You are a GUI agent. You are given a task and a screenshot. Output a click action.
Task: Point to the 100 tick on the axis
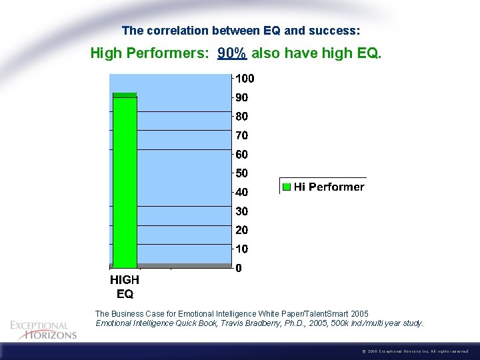click(245, 78)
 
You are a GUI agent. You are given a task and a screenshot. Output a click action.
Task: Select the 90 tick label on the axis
click(242, 97)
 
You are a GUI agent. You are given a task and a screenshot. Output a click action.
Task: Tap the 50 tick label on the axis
click(242, 173)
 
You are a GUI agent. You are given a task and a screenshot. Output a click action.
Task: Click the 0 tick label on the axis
click(239, 269)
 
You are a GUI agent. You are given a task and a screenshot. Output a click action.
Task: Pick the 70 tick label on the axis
click(242, 135)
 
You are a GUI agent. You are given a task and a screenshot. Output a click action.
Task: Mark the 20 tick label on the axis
click(242, 231)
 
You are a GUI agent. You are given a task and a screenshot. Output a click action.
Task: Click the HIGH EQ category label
click(125, 287)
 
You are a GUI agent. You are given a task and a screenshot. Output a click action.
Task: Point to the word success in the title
click(337, 31)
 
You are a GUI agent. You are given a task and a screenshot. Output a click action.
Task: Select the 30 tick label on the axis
click(242, 211)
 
